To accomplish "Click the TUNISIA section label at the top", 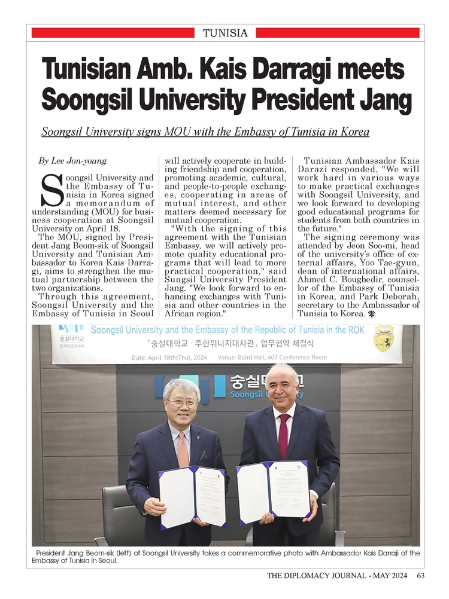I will tap(225, 33).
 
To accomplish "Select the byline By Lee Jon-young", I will tap(72, 160).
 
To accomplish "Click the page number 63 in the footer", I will tap(420, 576).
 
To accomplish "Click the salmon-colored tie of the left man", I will tap(183, 449).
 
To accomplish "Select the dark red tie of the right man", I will tap(283, 436).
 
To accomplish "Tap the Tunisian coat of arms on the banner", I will tap(383, 338).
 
